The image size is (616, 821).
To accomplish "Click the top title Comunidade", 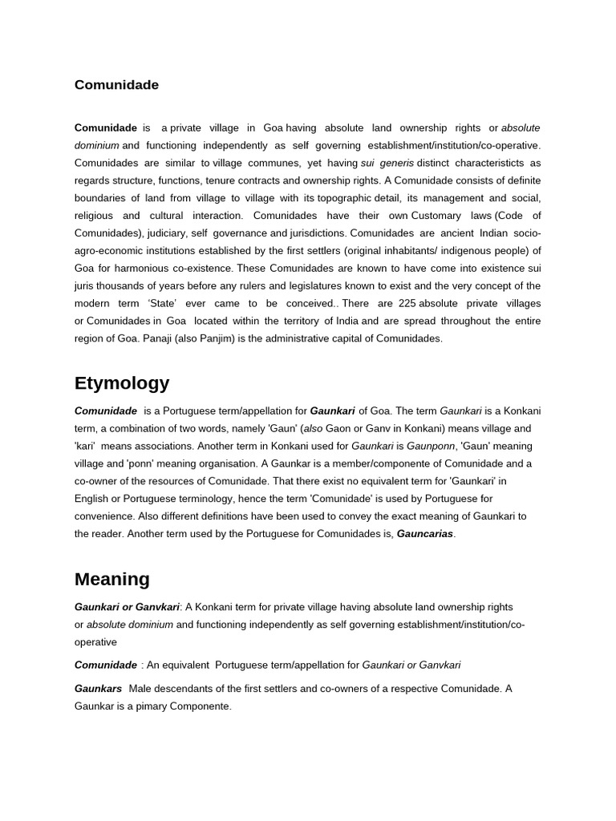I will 116,85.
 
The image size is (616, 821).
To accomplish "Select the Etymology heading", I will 122,383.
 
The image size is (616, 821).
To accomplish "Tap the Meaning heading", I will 111,579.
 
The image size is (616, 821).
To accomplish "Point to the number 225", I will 407,303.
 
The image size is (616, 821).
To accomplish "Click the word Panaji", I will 159,338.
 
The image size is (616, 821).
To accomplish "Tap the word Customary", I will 436,216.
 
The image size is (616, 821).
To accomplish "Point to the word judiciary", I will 167,233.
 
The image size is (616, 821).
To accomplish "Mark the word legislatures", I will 355,285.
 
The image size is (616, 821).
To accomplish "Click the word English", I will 91,499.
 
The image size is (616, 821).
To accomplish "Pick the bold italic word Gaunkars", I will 99,689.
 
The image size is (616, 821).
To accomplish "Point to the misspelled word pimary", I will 156,706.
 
